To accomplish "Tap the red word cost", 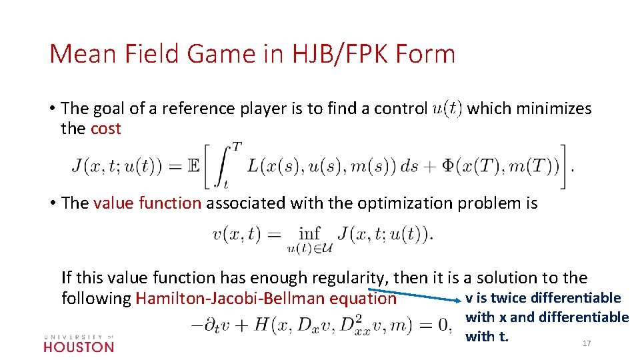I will (105, 129).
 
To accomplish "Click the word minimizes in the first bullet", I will (558, 109).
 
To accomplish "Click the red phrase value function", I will (147, 203).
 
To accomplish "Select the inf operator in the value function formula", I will (309, 233).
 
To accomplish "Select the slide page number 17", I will (587, 343).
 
